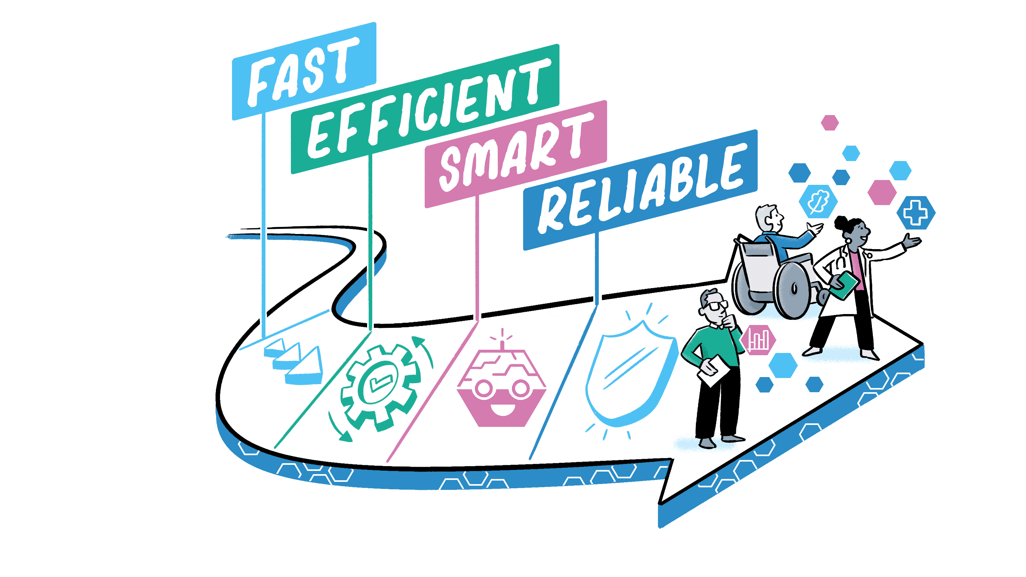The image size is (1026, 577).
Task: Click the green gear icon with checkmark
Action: [380, 388]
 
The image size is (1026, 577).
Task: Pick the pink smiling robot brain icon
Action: [502, 388]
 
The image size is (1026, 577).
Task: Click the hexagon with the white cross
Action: [915, 213]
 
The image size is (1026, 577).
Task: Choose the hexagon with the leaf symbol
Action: [818, 201]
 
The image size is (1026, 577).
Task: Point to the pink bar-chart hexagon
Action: [758, 340]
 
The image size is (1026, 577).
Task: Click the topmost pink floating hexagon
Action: [830, 122]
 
